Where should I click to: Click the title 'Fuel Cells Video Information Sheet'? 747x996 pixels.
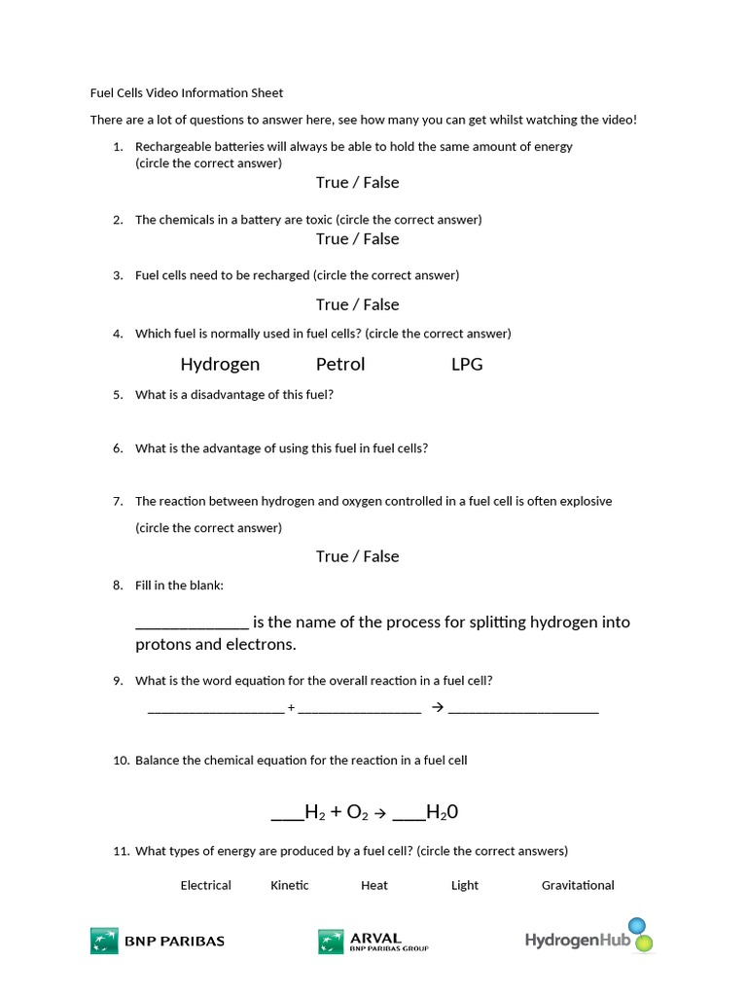tap(187, 93)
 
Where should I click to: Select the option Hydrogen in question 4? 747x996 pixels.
tap(220, 364)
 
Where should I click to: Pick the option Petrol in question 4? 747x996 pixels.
tap(340, 364)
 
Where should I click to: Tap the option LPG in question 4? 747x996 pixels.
tap(467, 364)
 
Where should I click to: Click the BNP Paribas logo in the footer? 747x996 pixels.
tap(158, 941)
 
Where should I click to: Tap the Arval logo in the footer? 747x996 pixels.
tap(373, 941)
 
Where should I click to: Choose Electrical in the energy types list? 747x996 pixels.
tap(205, 885)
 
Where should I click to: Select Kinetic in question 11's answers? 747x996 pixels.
tap(290, 885)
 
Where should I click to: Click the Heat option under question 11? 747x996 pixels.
tap(373, 885)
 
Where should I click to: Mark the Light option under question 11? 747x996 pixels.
tap(465, 885)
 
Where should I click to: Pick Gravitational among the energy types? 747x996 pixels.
tap(578, 885)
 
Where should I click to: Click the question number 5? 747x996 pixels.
tap(118, 395)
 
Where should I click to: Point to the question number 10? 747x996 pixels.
tap(121, 760)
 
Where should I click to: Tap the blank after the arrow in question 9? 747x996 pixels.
tap(523, 709)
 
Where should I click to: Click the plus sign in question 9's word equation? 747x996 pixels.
tap(291, 707)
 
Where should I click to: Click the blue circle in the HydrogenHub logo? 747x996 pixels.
tap(637, 925)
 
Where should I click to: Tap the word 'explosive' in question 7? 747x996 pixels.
tap(584, 501)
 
